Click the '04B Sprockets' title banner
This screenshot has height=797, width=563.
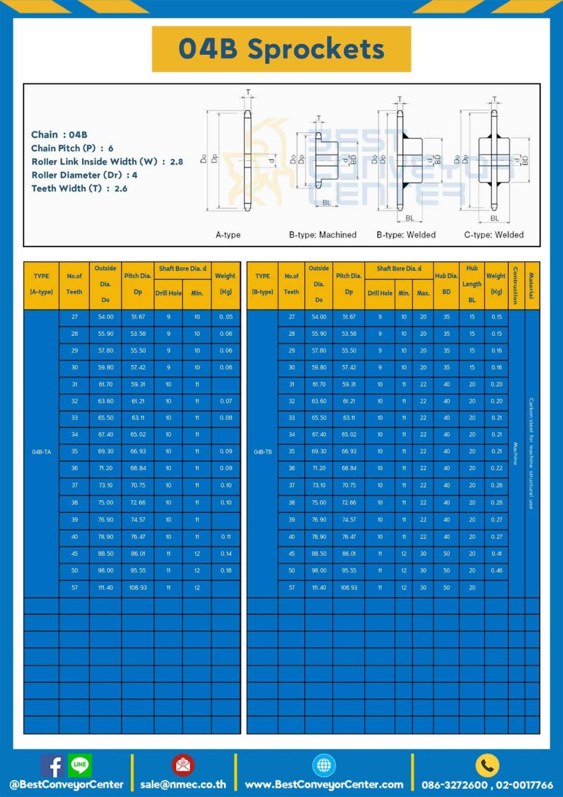(x=281, y=49)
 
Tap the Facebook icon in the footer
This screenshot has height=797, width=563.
(x=53, y=766)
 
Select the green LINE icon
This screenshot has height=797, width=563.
(x=80, y=765)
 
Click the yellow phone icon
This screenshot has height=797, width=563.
(x=487, y=766)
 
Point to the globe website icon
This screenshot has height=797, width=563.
(x=324, y=765)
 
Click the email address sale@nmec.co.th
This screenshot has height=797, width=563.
(x=183, y=784)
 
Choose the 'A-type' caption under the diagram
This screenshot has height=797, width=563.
(x=228, y=235)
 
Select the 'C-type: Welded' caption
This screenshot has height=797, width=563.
(x=494, y=235)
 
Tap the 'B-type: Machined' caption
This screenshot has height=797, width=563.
(x=323, y=235)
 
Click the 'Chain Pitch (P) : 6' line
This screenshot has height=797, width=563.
(x=72, y=148)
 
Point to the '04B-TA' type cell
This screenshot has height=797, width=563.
(x=42, y=452)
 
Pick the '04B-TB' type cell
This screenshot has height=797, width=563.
(x=263, y=452)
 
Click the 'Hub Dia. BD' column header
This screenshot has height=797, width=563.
(x=446, y=284)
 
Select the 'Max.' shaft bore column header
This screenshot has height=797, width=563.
(x=423, y=293)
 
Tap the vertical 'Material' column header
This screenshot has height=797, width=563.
(x=531, y=286)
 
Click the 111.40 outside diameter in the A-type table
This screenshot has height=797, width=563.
(x=105, y=587)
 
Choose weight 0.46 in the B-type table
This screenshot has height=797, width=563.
(x=496, y=571)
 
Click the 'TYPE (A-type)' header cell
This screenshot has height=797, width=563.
(x=42, y=284)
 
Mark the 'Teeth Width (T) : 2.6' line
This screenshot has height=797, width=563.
(x=79, y=188)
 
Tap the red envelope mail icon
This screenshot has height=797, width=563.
(x=183, y=765)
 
